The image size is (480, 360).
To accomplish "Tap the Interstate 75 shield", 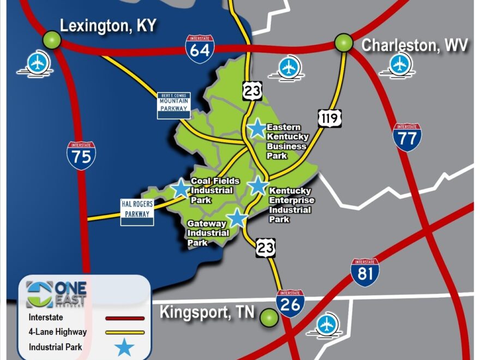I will (81, 155).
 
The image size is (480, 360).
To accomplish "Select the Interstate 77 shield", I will (407, 137).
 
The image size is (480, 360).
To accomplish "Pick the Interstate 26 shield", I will (290, 303).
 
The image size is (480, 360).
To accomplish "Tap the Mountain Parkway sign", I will (173, 105).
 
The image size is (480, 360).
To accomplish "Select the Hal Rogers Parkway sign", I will (137, 212).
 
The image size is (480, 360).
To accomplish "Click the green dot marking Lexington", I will (52, 39).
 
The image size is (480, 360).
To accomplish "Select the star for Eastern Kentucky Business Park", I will (256, 129).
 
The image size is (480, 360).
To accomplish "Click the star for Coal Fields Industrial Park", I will (180, 188).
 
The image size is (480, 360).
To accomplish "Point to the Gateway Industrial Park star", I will (237, 218).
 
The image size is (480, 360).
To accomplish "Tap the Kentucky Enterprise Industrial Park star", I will (257, 186).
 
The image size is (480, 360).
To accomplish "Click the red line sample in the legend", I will (125, 318).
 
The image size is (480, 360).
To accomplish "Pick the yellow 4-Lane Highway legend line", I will (125, 332).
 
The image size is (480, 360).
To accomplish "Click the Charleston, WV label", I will (415, 45).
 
